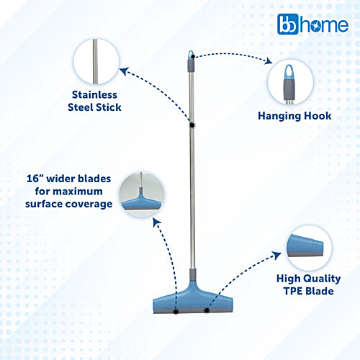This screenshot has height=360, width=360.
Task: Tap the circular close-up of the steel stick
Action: tap(95, 60)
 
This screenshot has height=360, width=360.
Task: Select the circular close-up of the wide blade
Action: tap(142, 195)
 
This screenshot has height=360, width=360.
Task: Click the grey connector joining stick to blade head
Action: tap(192, 277)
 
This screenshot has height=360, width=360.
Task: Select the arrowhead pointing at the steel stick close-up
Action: tap(123, 70)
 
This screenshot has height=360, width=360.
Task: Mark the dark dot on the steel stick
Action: tap(192, 125)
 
